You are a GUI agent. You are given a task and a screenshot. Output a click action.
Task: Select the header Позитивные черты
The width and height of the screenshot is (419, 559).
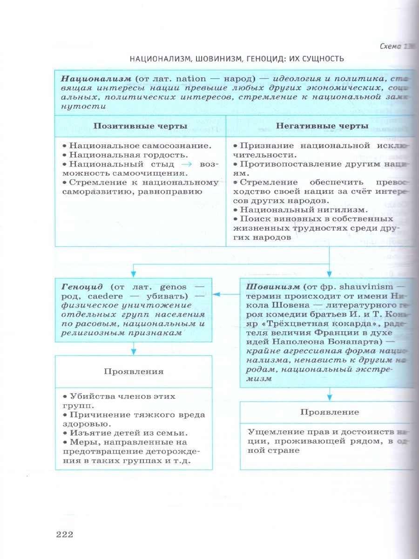coord(141,126)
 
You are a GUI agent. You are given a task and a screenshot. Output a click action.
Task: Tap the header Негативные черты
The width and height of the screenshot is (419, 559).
coord(322,126)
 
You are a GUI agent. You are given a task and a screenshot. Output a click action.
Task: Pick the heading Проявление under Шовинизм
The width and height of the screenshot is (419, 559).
coord(330,412)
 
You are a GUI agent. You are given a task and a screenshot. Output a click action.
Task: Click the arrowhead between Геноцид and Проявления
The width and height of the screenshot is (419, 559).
coord(134,351)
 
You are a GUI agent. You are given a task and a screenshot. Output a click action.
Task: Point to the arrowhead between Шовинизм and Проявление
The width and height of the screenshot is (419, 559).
coord(330,396)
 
